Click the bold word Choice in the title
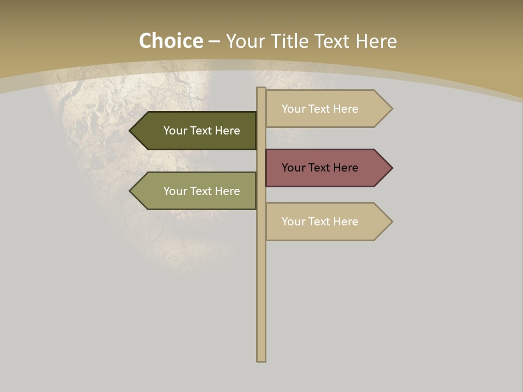pyautogui.click(x=171, y=41)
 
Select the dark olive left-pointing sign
pyautogui.click(x=196, y=131)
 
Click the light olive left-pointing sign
pyautogui.click(x=196, y=191)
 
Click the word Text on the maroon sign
pyautogui.click(x=320, y=168)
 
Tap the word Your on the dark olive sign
pyautogui.click(x=175, y=131)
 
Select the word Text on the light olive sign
pyautogui.click(x=202, y=191)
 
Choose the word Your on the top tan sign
pyautogui.click(x=293, y=109)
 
